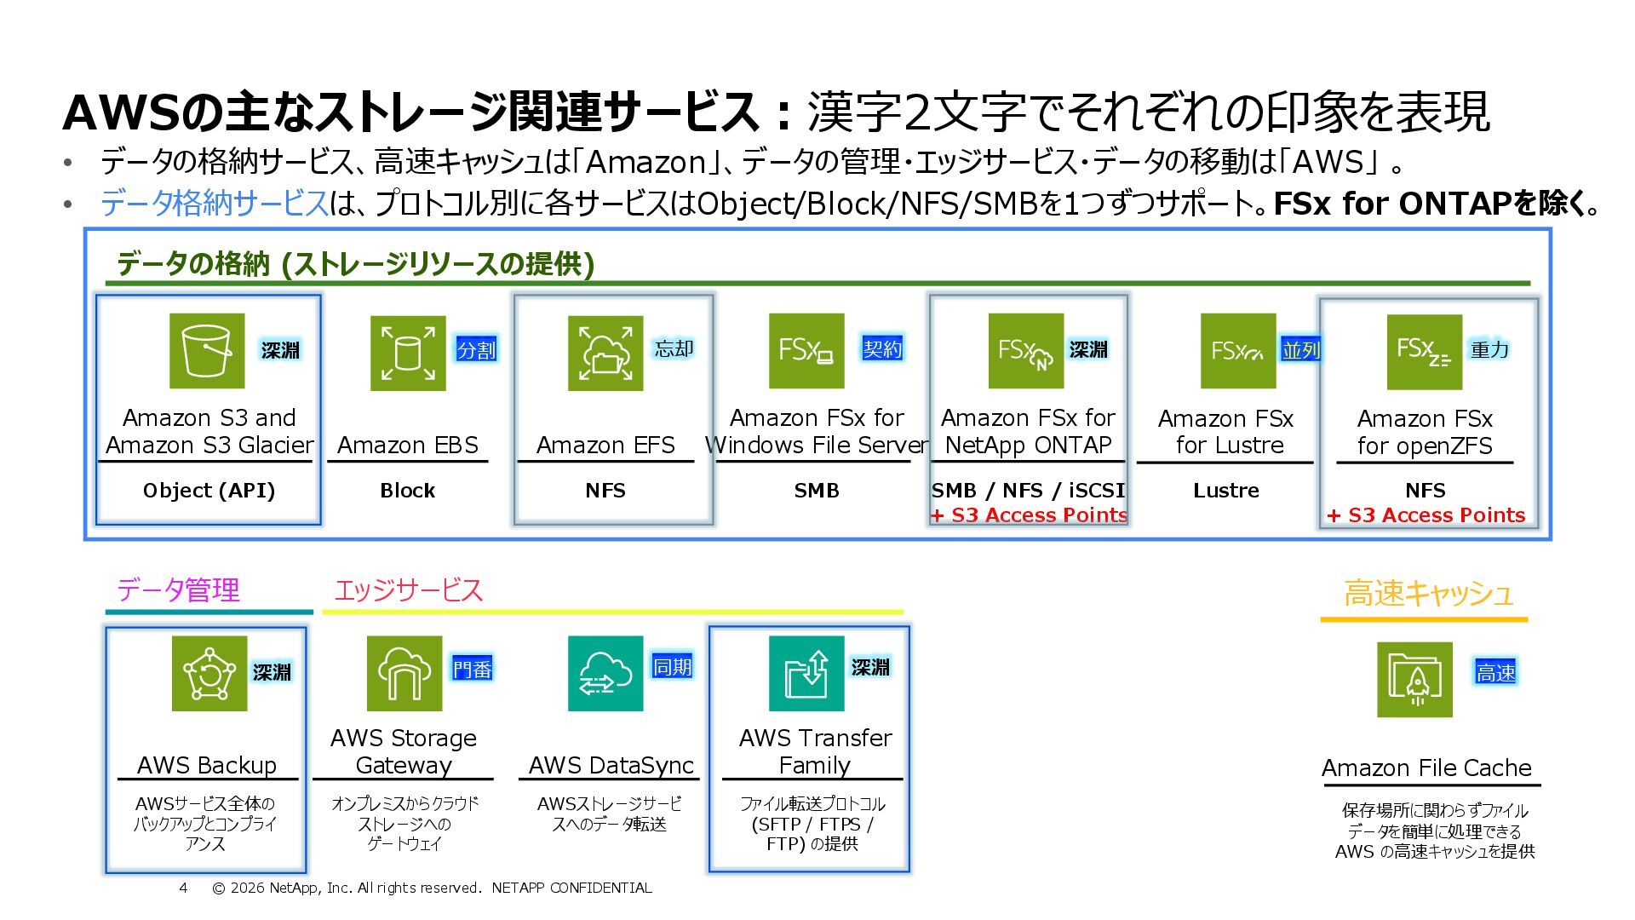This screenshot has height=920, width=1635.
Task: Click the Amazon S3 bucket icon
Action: [207, 350]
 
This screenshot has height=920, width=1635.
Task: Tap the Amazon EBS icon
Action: [408, 353]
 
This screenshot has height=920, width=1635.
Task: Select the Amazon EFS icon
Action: [605, 353]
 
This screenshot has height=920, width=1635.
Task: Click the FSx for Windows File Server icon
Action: [806, 350]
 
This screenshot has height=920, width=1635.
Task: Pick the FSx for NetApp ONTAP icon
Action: [1026, 350]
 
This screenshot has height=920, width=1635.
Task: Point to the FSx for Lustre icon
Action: [1238, 350]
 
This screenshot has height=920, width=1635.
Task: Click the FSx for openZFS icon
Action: [1425, 352]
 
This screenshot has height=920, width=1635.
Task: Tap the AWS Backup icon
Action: [209, 673]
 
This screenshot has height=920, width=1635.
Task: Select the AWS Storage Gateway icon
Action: [404, 673]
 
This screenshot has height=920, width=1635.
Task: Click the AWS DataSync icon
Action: [605, 673]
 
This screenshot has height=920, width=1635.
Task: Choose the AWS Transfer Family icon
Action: [806, 673]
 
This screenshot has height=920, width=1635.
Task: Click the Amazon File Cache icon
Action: [1414, 679]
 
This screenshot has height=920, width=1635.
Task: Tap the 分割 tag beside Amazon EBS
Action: [476, 349]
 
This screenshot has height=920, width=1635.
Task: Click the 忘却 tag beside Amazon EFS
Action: [674, 348]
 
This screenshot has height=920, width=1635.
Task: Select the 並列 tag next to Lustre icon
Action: [1300, 350]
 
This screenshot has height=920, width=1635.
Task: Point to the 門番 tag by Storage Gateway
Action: [473, 670]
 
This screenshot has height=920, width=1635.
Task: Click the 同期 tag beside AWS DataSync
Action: [672, 666]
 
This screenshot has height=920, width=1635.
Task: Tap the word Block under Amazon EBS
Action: [407, 491]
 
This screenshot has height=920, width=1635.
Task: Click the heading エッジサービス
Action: [409, 589]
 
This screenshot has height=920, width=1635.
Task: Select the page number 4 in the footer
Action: [183, 888]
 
